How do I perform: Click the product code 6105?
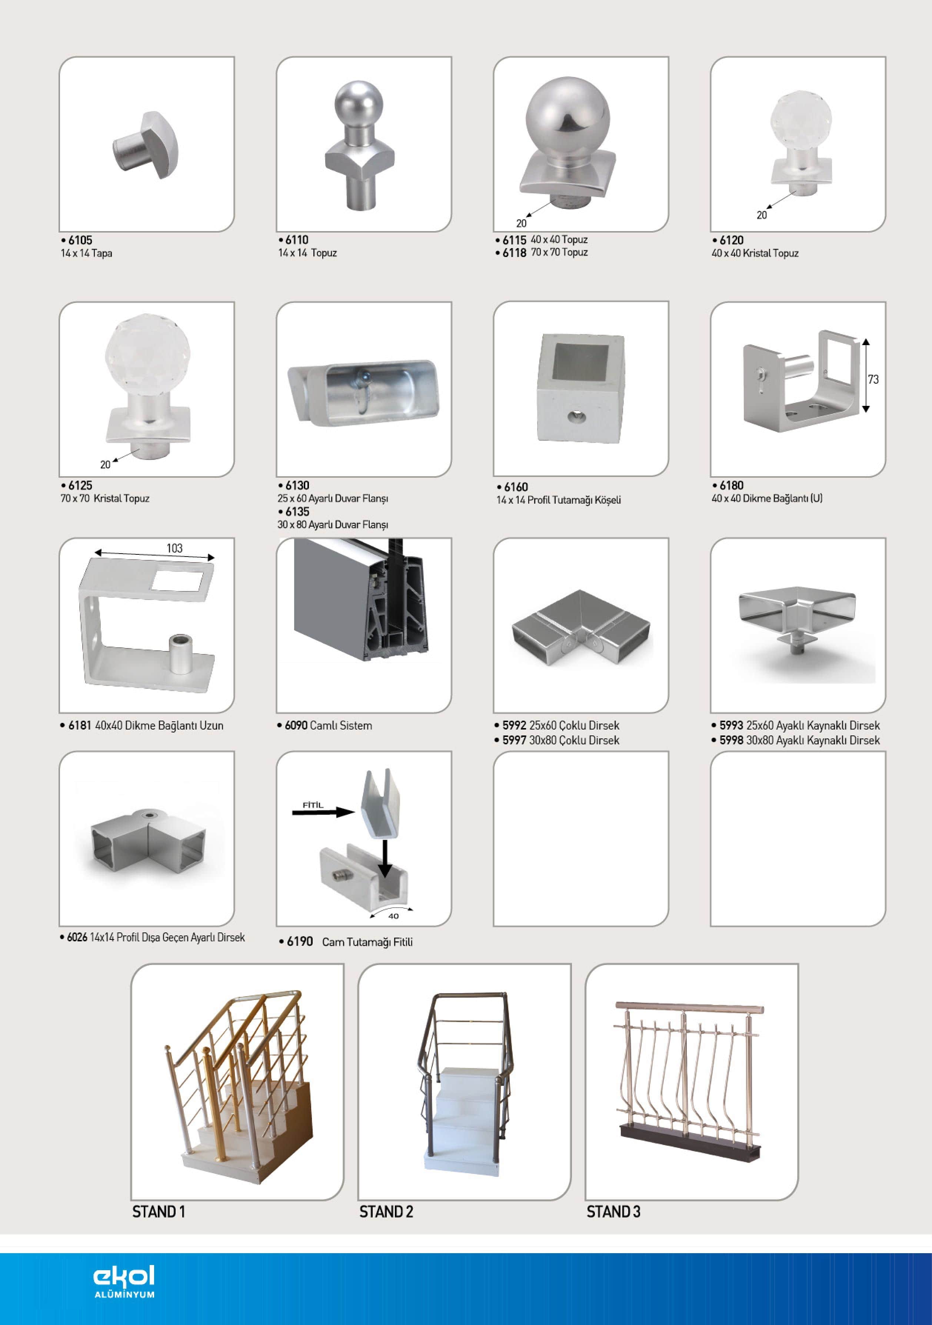tap(80, 240)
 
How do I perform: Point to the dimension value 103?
tap(174, 548)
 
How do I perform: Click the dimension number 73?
tap(873, 379)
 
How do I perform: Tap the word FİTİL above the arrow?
tap(313, 805)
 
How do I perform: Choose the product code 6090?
tap(296, 725)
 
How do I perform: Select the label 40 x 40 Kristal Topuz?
tap(755, 253)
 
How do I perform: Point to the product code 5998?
tap(731, 740)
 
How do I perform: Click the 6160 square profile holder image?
tap(580, 388)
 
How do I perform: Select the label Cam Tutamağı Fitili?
tap(367, 942)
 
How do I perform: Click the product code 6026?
tap(77, 937)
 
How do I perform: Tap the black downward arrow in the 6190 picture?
tap(385, 859)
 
